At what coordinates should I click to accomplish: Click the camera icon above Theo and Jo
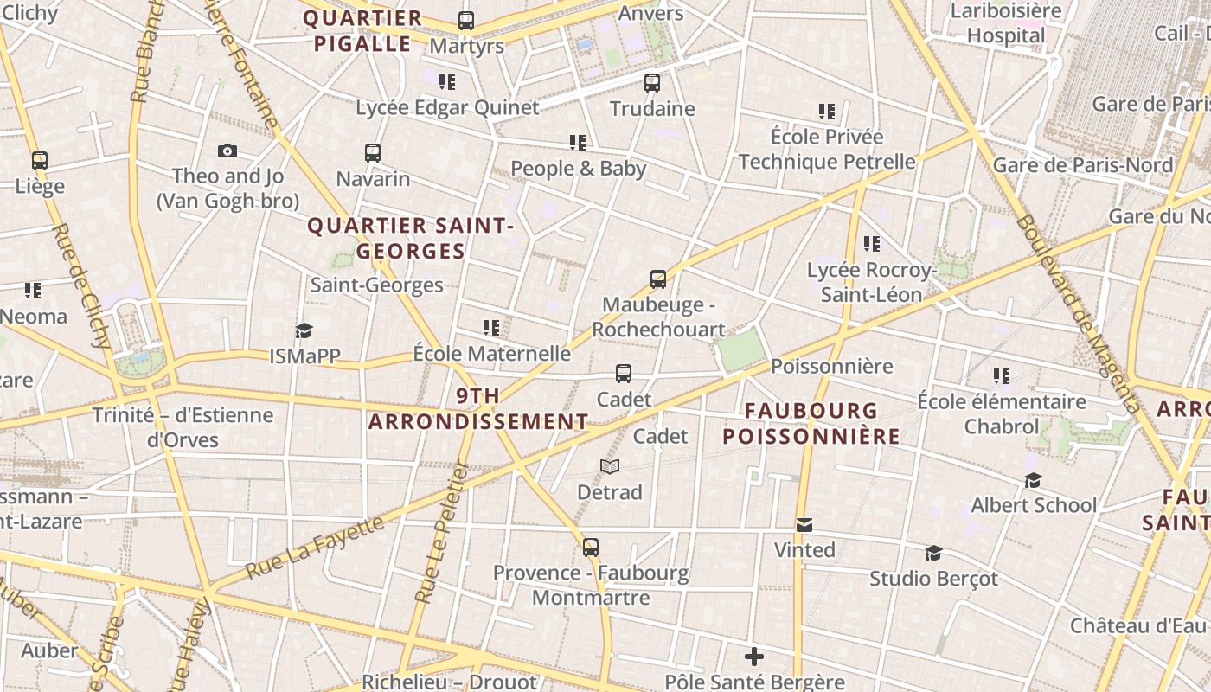227,151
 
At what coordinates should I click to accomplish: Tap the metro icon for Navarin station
373,153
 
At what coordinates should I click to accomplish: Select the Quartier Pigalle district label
362,31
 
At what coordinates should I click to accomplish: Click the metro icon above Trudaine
652,83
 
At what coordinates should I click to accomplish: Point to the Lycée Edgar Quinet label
447,108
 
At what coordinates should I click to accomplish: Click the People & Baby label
578,168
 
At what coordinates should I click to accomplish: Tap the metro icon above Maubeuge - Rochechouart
658,279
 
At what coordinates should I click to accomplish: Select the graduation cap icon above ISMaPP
304,330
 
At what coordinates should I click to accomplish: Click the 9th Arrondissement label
478,409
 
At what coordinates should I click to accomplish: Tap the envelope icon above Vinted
804,525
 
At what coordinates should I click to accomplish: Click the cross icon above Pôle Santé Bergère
754,657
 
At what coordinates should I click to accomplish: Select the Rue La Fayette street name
315,547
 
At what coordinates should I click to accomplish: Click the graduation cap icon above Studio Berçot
933,553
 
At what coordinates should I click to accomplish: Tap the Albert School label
1033,505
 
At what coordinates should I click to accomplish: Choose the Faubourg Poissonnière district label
811,423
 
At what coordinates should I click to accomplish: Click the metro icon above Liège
40,161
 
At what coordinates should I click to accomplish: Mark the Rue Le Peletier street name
441,533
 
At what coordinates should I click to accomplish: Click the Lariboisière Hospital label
1006,23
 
